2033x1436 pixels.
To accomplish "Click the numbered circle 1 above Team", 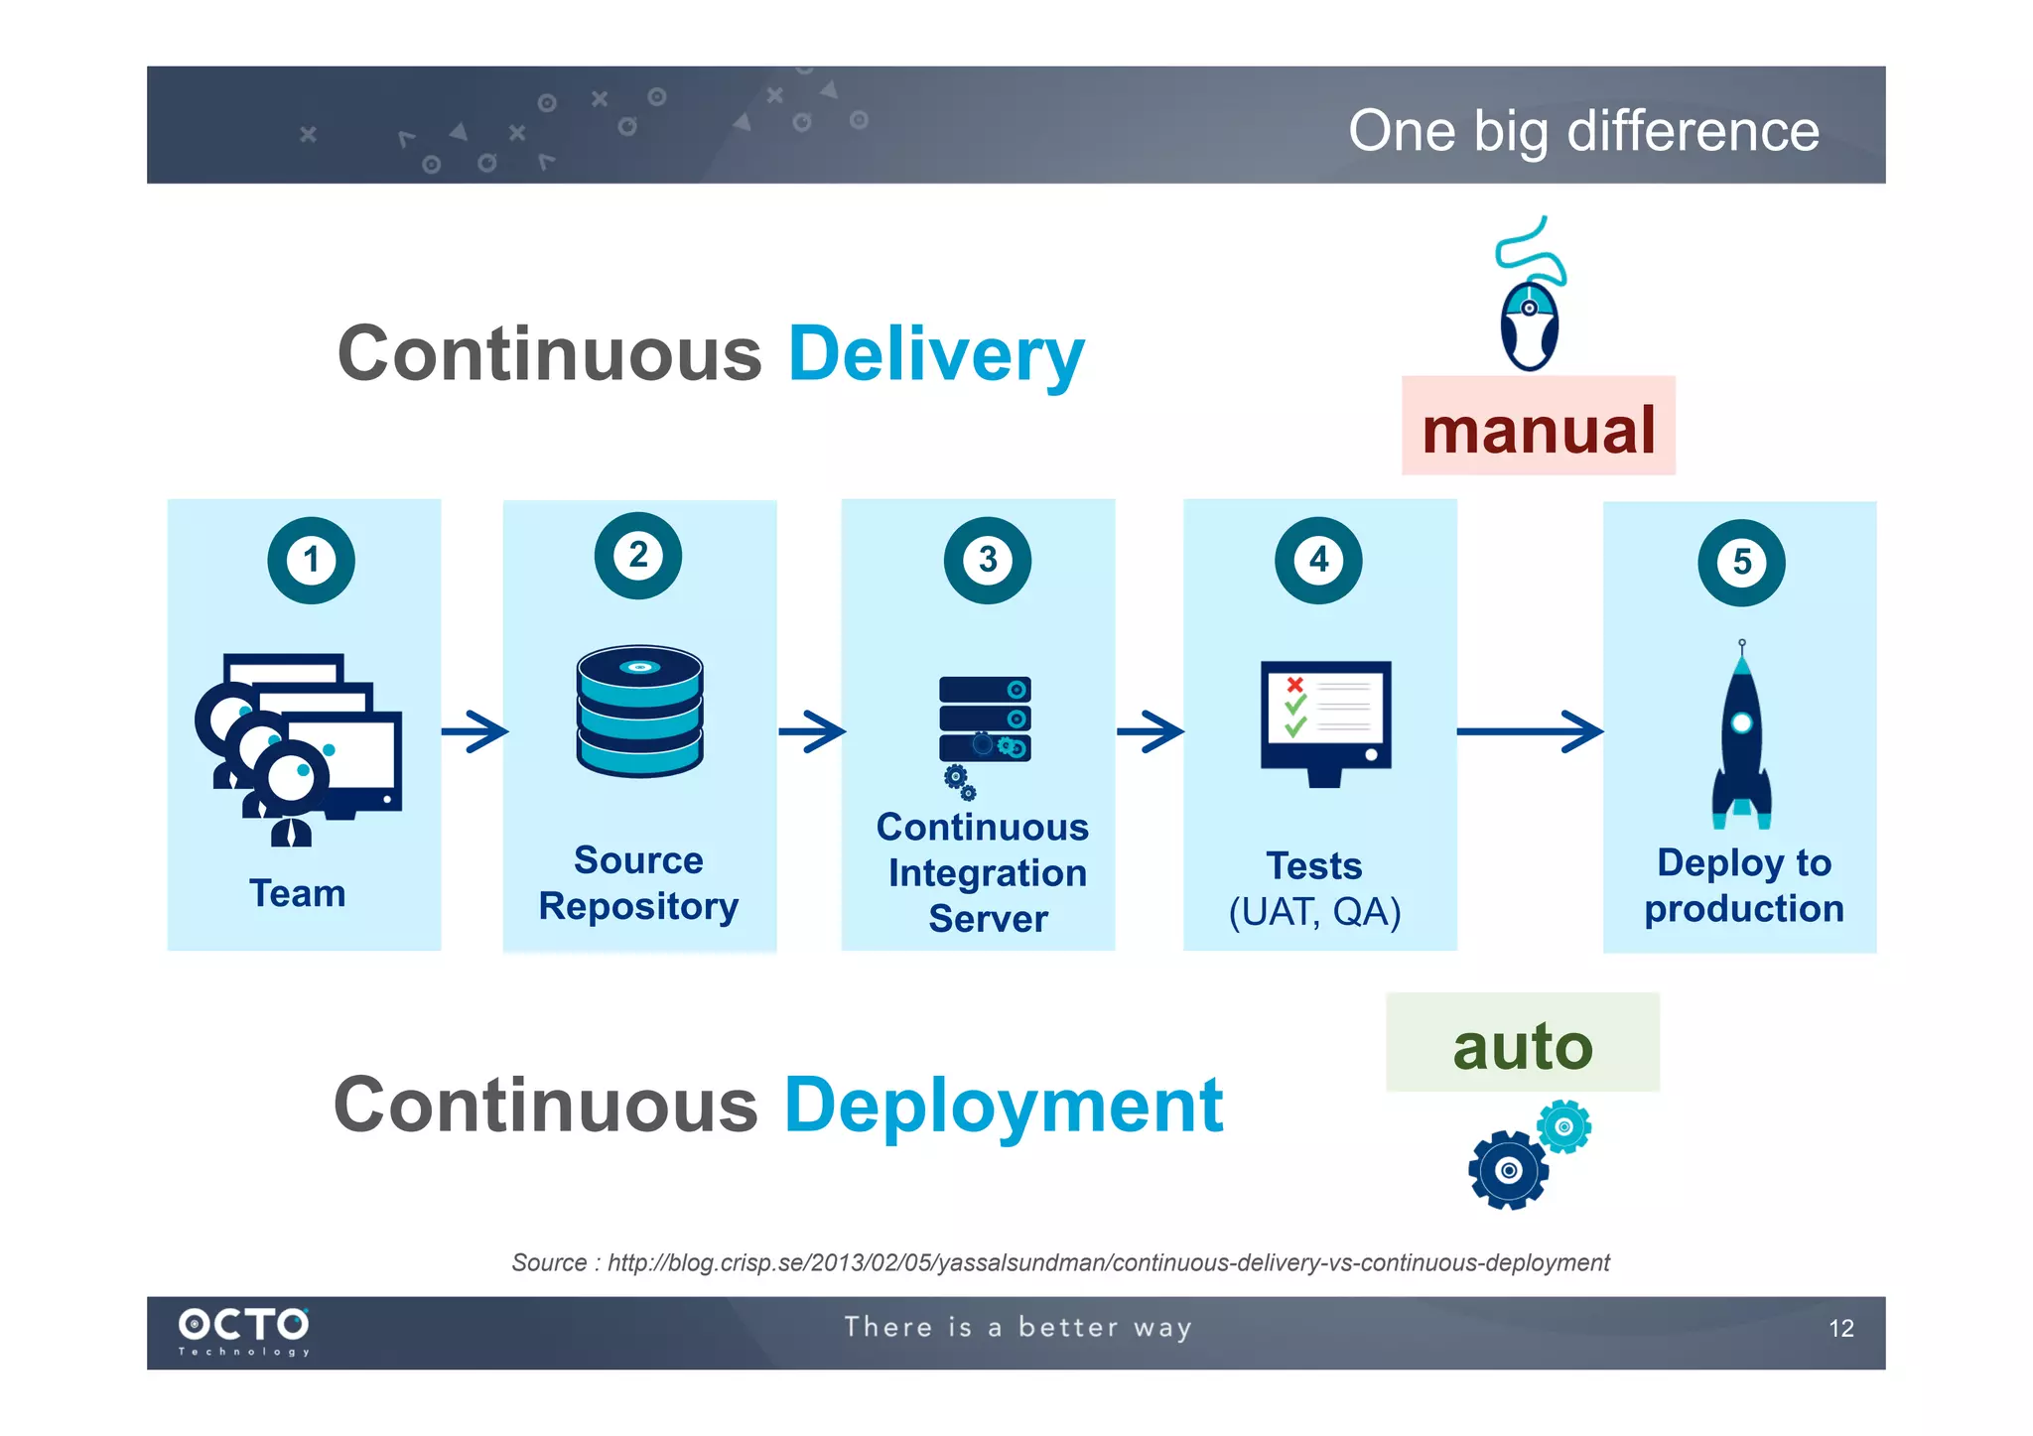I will [311, 560].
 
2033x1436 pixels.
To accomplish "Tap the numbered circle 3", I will [987, 560].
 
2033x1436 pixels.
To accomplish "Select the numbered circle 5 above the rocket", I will [1741, 563].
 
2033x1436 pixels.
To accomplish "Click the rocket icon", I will [1741, 739].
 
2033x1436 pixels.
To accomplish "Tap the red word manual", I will [1538, 429].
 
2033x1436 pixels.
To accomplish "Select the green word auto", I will [1522, 1046].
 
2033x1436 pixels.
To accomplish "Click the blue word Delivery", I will [935, 355].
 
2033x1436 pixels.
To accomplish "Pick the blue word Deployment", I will [1003, 1106].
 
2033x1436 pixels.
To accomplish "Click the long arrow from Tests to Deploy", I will [1529, 731].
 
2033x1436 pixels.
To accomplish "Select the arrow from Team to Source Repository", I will [474, 732].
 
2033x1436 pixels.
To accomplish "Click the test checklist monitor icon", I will [1325, 721].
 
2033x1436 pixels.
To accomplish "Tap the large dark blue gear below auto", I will [1508, 1170].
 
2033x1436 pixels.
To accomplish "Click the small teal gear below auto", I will [1563, 1126].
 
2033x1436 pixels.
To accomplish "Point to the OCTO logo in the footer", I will [243, 1330].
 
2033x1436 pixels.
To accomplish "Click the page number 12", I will [1840, 1329].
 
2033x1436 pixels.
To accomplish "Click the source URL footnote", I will [1059, 1262].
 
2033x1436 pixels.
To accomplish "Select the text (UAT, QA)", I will [1314, 911].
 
